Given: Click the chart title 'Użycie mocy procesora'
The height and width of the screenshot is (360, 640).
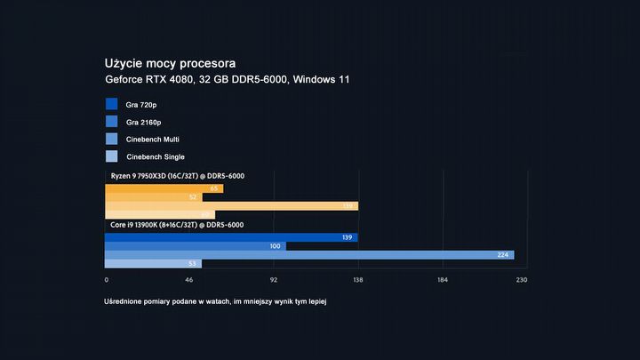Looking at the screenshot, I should [169, 64].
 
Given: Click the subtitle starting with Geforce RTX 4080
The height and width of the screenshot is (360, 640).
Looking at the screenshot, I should [227, 80].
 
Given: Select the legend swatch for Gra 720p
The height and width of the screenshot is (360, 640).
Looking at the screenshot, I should [111, 104].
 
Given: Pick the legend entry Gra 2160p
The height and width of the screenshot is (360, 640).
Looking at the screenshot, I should [143, 122].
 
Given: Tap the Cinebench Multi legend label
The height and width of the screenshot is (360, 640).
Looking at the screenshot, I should [155, 140].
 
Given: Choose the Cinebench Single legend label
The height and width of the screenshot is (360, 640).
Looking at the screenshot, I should [156, 157].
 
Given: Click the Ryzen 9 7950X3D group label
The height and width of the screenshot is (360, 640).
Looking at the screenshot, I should [177, 176].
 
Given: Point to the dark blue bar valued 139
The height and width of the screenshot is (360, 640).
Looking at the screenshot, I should [231, 237].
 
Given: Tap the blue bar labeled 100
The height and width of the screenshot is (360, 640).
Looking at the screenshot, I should [196, 246].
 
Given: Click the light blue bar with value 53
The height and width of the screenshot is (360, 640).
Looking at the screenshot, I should [153, 264].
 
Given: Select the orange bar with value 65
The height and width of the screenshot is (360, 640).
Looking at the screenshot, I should [164, 188].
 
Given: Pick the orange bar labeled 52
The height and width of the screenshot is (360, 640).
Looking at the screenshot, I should [153, 197].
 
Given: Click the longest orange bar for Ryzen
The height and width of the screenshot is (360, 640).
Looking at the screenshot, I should [231, 205].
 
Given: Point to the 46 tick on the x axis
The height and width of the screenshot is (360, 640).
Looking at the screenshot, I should [188, 280].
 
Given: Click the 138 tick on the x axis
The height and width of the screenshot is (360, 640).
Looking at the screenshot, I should [358, 280].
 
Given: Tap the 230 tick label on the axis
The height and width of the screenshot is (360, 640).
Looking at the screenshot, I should [522, 280].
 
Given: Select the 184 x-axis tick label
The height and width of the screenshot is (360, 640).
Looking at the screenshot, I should [443, 280].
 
